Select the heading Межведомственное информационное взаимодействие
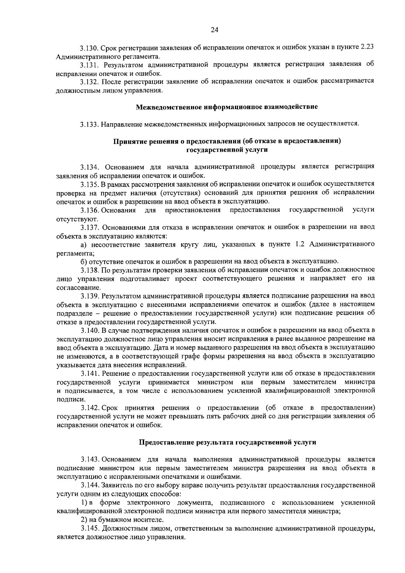[x=227, y=107]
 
